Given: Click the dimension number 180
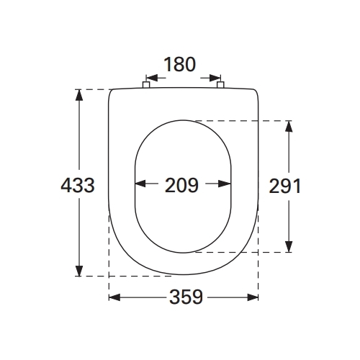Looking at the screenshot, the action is (x=180, y=64).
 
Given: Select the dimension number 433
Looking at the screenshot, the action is (x=78, y=185).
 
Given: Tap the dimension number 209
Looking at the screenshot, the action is (x=181, y=185).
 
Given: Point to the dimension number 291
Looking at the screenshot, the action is (x=284, y=186).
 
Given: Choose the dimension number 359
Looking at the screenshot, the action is (x=186, y=297).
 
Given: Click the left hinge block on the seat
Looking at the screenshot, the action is (x=146, y=85).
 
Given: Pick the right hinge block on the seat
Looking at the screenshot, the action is (x=220, y=85).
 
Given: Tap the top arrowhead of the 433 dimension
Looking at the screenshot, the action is (x=79, y=95).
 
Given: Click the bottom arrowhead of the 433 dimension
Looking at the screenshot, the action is (x=79, y=270).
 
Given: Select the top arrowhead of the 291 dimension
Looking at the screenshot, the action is (x=289, y=126).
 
